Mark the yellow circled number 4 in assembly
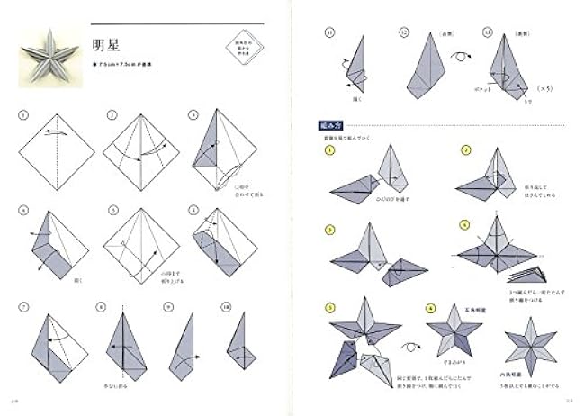click(x=465, y=225)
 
